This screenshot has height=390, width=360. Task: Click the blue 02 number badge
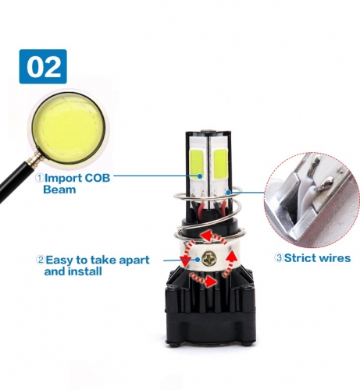[x=43, y=66]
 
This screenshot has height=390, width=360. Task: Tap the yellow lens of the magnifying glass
[x=70, y=127]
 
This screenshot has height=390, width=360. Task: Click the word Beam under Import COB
[x=59, y=190]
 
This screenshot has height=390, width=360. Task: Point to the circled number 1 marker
[x=40, y=179]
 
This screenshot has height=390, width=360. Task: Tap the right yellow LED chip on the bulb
[x=220, y=164]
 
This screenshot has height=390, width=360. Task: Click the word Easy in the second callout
[x=59, y=261]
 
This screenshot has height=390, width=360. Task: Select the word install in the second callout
[x=85, y=271]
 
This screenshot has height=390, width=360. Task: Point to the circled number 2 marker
[x=41, y=260]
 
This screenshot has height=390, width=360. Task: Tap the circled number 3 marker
[x=280, y=258]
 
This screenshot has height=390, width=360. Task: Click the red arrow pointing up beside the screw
[x=230, y=264]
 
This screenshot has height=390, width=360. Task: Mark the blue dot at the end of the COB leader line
[x=200, y=176]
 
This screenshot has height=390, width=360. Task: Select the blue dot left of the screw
[x=198, y=260]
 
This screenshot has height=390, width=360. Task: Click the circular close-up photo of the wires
[x=312, y=200]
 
